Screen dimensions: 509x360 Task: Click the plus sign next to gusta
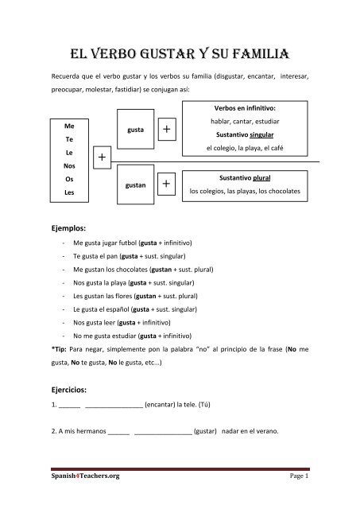pos(166,128)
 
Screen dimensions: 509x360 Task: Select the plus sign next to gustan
pos(166,185)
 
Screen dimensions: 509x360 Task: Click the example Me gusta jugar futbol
pos(104,242)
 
